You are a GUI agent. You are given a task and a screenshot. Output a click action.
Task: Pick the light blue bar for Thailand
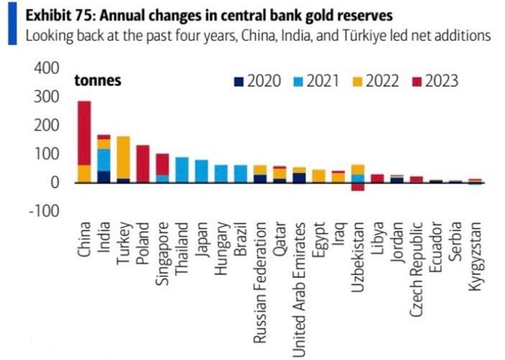click(x=182, y=170)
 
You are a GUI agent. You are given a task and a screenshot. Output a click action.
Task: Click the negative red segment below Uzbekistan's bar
click(x=357, y=187)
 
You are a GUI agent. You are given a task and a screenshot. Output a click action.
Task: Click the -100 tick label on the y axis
click(x=42, y=211)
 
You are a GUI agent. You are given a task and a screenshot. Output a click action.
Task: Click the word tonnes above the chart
click(x=98, y=80)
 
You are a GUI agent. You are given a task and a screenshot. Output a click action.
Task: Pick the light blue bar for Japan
click(x=201, y=171)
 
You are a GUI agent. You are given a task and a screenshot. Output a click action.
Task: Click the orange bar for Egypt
click(x=318, y=176)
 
